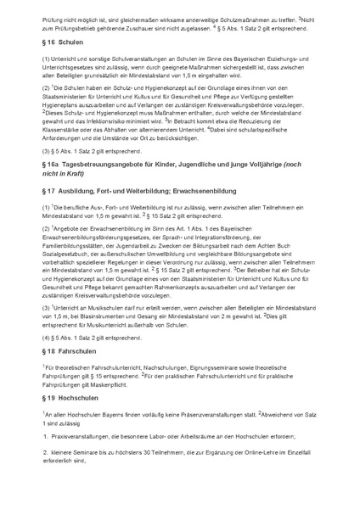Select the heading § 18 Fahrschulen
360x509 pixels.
click(x=72, y=350)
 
